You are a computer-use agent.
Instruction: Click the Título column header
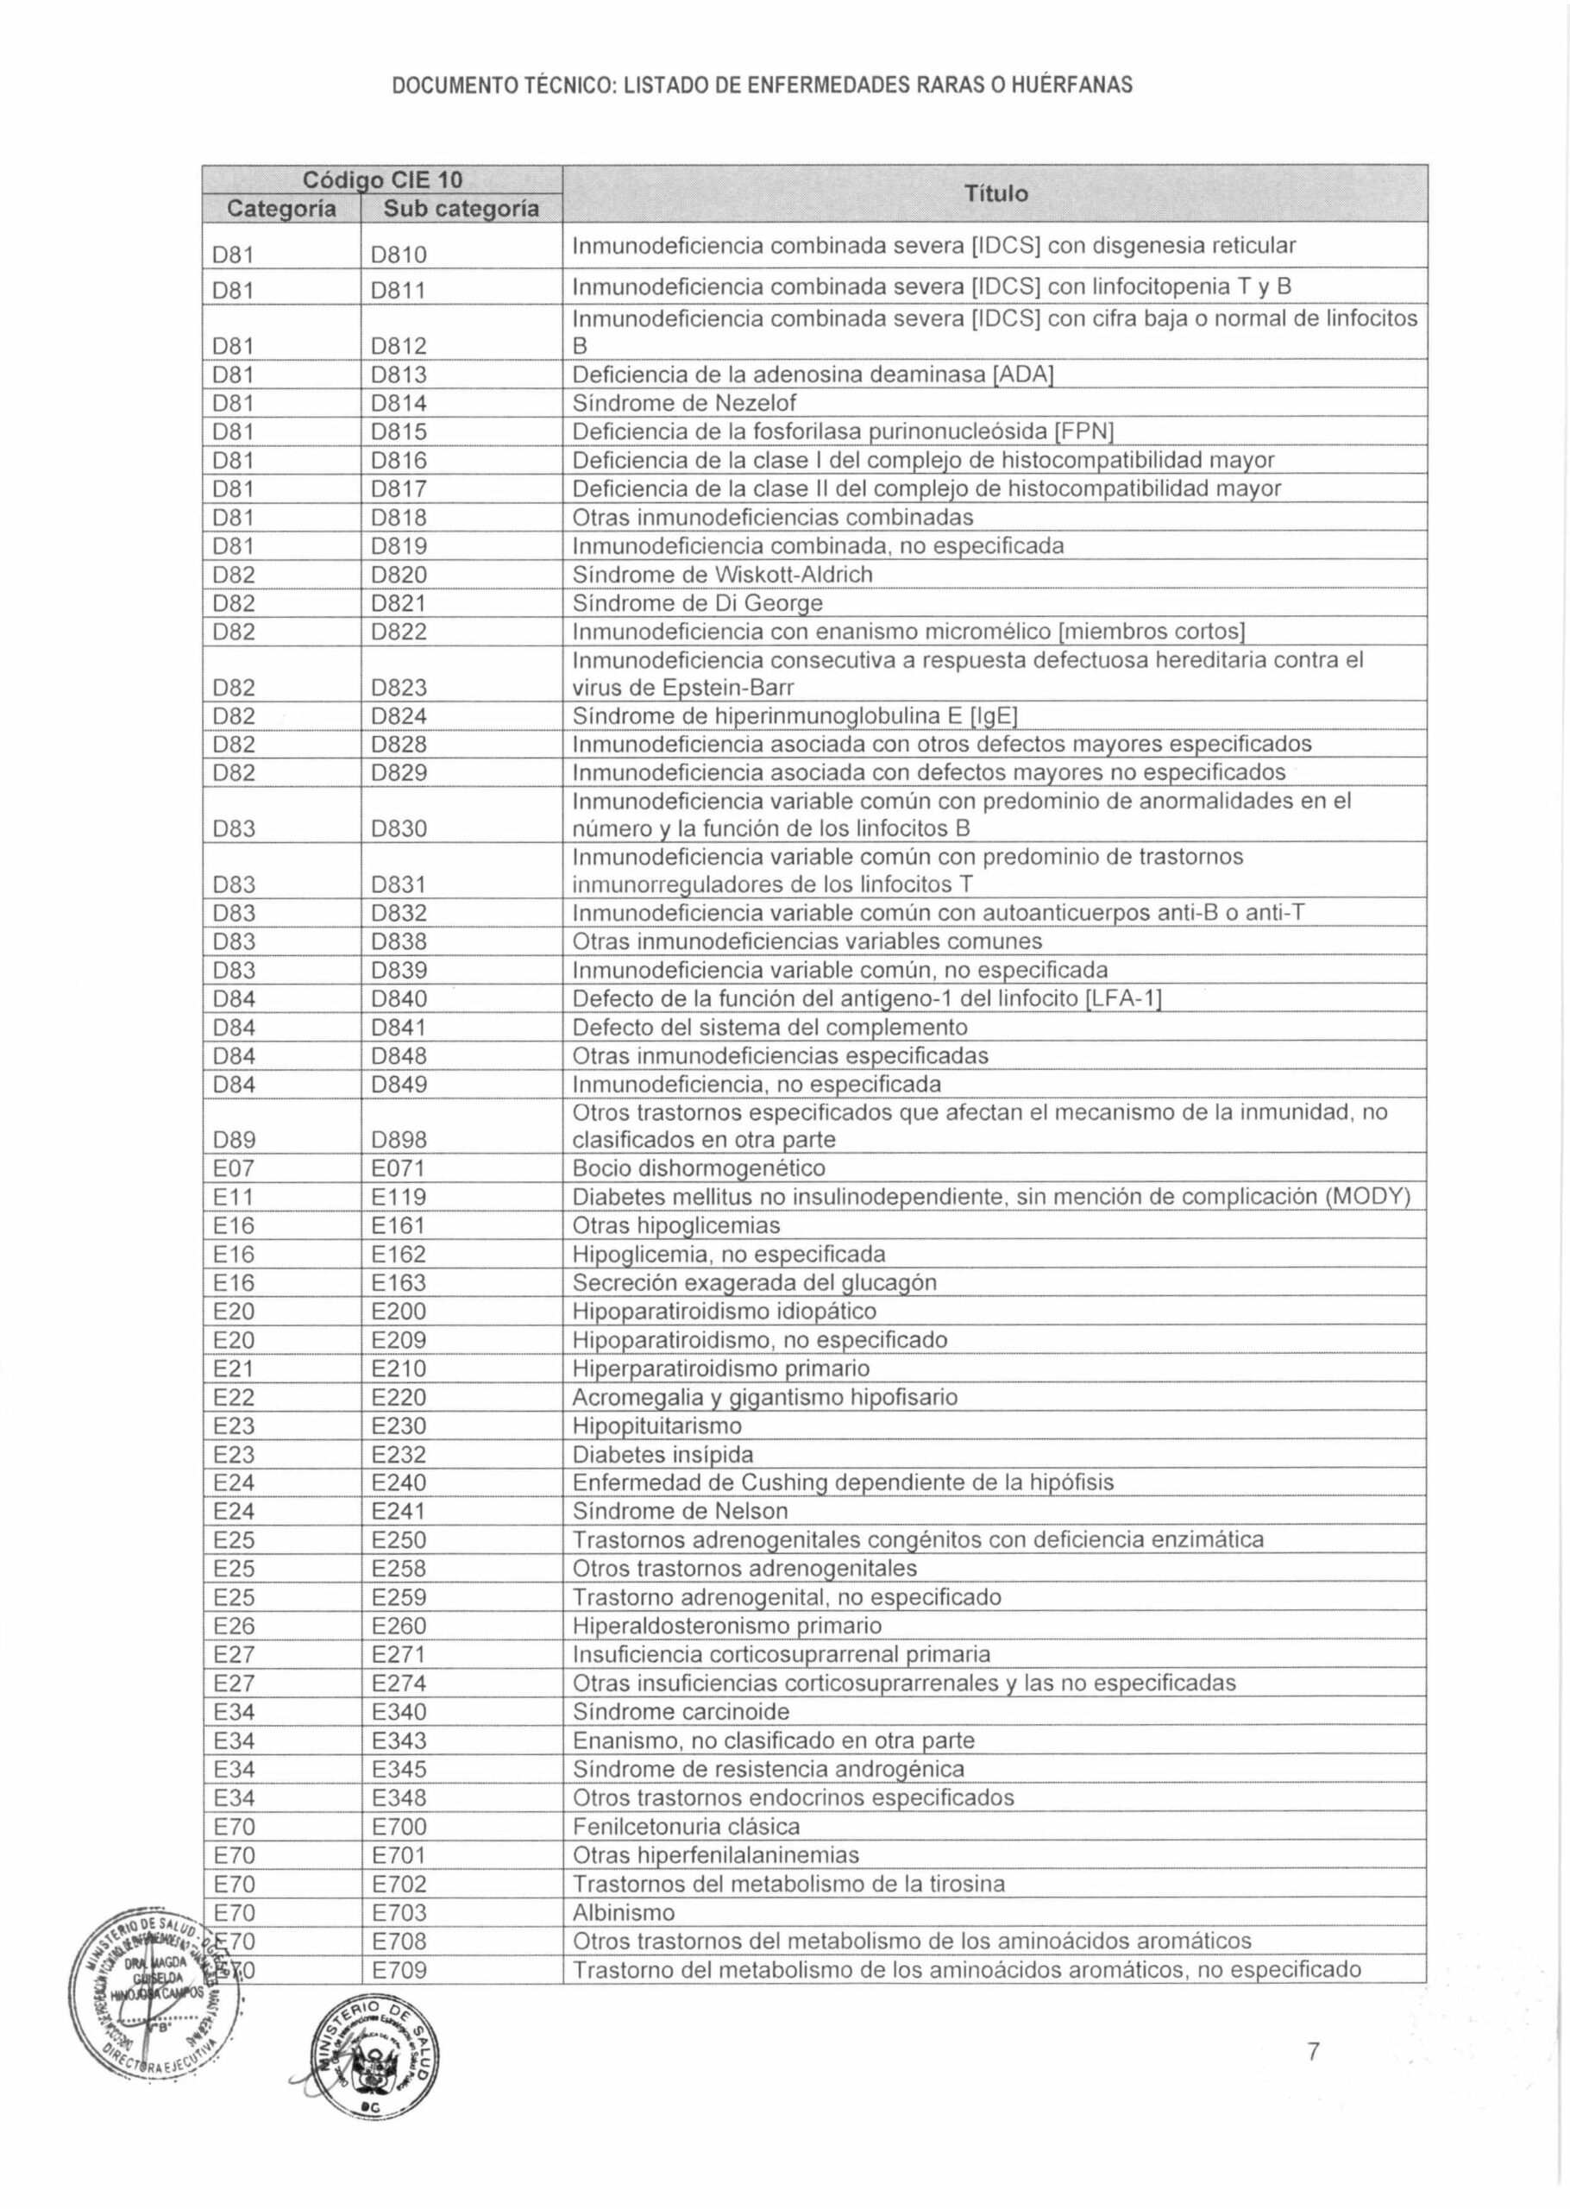pyautogui.click(x=995, y=194)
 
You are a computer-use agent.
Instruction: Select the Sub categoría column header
pyautogui.click(x=462, y=209)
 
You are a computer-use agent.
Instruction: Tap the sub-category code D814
pyautogui.click(x=399, y=403)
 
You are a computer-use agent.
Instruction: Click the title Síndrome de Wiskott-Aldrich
pyautogui.click(x=722, y=574)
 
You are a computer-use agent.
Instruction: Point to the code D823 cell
pyautogui.click(x=399, y=688)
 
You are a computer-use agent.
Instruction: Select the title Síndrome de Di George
pyautogui.click(x=697, y=603)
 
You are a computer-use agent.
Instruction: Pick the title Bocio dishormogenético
pyautogui.click(x=698, y=1167)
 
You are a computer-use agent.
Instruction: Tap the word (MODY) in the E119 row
pyautogui.click(x=1367, y=1197)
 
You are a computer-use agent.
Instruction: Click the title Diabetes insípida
pyautogui.click(x=663, y=1454)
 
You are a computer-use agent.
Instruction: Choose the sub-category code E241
pyautogui.click(x=399, y=1511)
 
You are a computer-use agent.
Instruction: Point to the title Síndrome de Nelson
pyautogui.click(x=680, y=1510)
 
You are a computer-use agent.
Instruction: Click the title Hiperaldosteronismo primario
pyautogui.click(x=727, y=1625)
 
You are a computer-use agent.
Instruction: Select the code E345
pyautogui.click(x=399, y=1769)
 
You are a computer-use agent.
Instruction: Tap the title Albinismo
pyautogui.click(x=624, y=1912)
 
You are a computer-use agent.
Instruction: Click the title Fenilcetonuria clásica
pyautogui.click(x=687, y=1826)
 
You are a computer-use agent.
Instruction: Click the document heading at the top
pyautogui.click(x=762, y=86)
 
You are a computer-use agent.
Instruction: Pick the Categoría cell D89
pyautogui.click(x=234, y=1141)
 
